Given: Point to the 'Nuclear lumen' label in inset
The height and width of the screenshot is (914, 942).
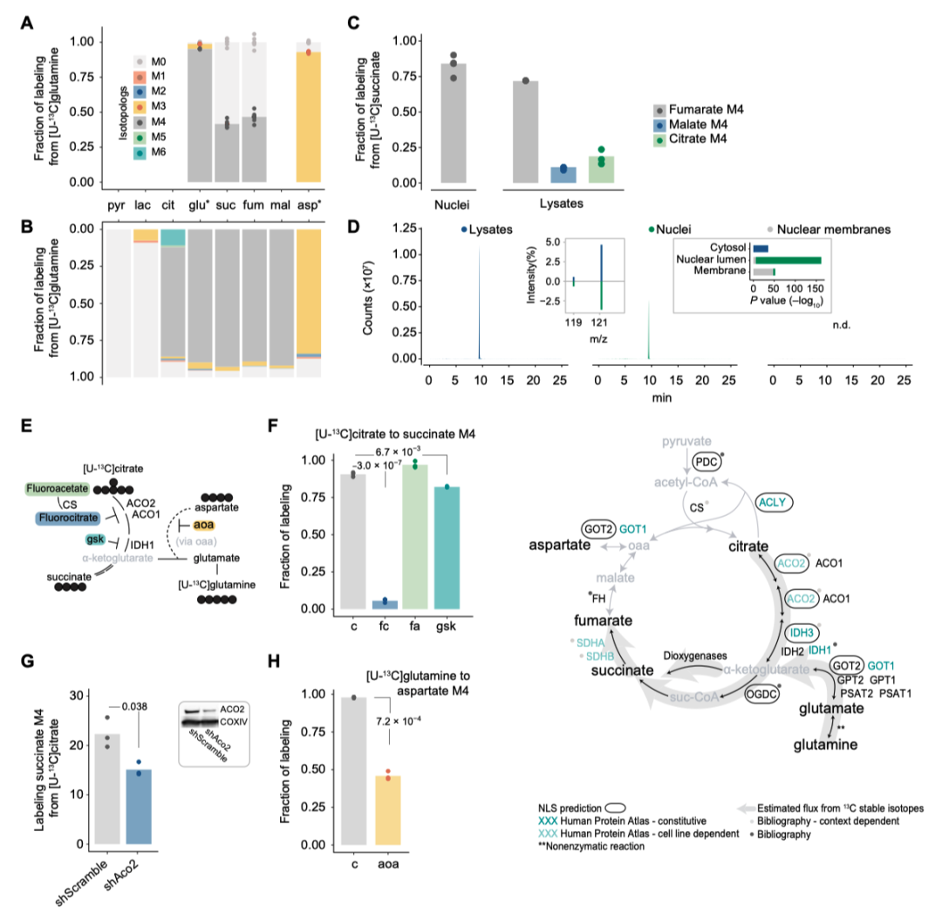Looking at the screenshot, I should point(718,258).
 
